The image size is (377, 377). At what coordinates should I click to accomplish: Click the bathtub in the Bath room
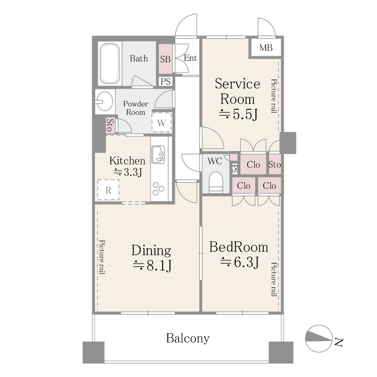pos(110,64)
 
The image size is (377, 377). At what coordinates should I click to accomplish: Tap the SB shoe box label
pos(165,59)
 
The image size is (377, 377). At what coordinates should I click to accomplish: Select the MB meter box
pos(266,48)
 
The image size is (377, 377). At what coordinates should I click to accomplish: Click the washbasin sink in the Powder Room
pos(104,101)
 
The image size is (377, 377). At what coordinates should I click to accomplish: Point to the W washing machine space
pos(162,123)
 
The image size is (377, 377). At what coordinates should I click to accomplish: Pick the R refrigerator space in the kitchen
pos(108,190)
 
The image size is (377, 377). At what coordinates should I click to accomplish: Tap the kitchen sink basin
pos(158,155)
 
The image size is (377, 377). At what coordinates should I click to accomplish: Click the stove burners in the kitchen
pos(158,189)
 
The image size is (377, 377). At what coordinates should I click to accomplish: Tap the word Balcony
pos(188,338)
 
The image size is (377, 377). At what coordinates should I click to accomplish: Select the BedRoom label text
pos(238,247)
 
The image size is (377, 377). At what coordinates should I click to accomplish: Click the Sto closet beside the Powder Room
pos(109,125)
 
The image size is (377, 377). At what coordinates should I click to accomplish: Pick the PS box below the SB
pos(165,82)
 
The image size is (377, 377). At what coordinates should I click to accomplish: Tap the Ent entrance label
pos(190,58)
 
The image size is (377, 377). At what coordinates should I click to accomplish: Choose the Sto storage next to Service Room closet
pos(275,164)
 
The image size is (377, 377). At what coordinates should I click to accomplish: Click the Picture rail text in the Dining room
pos(102,257)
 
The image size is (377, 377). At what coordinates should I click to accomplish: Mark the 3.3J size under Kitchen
pos(128,172)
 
